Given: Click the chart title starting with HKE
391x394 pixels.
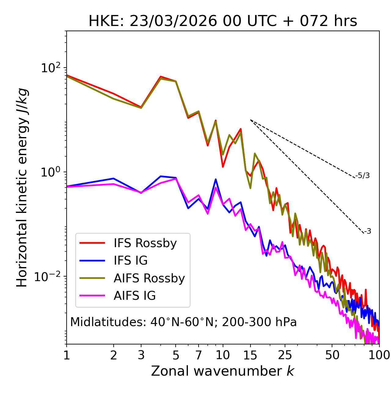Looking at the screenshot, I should (223, 21).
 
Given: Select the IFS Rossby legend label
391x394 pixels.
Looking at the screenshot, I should (145, 243).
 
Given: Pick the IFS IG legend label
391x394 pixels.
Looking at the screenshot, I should (130, 261).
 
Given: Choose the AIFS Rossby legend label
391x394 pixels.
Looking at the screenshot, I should (149, 278).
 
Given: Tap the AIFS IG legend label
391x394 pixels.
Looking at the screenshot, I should (135, 296).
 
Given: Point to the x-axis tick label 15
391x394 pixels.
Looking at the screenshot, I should (250, 355).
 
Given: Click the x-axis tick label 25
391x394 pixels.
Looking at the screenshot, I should (285, 355).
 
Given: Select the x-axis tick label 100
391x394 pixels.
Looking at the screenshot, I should (379, 355).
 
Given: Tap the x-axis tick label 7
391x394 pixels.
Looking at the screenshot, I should (199, 355).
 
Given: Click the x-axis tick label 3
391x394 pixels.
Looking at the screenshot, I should (141, 355).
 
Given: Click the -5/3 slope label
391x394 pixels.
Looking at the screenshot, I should (363, 176).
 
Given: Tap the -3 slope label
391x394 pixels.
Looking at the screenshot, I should (367, 232).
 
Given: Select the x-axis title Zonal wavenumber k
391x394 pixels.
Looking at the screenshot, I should (223, 371).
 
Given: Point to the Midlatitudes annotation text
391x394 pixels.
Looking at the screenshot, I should (183, 322).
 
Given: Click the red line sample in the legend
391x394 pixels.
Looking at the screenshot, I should (92, 243).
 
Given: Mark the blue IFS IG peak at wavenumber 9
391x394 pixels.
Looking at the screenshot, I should (216, 180).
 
